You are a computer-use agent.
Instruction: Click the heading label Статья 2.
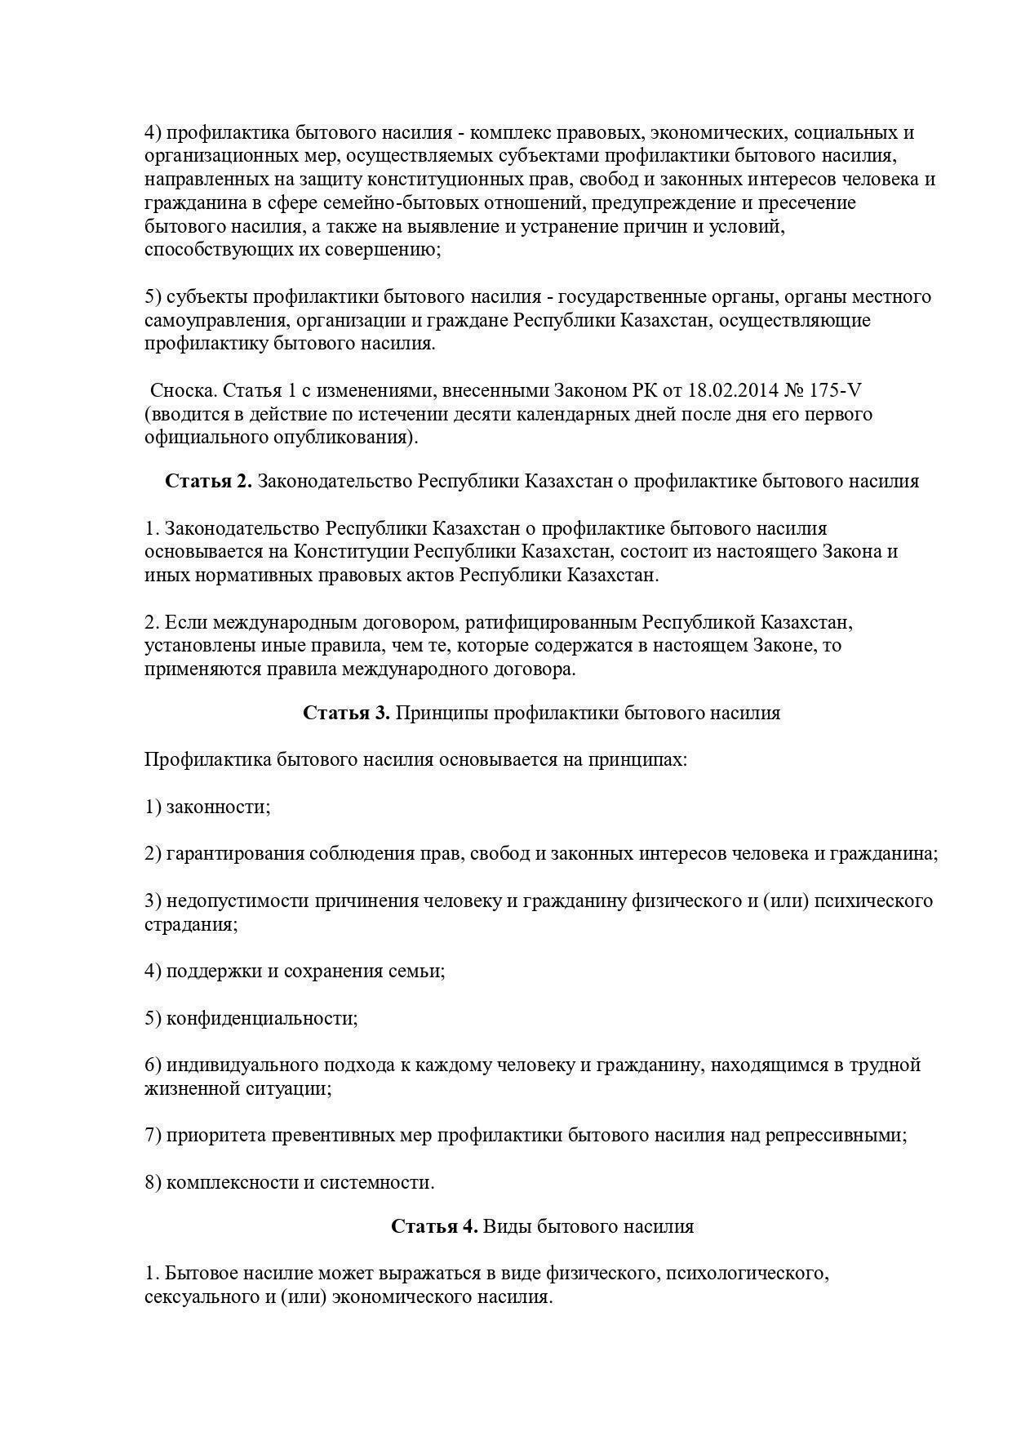point(209,481)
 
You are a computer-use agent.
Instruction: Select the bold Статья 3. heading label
point(347,713)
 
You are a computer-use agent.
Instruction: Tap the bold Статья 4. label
point(434,1226)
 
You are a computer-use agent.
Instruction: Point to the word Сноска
point(184,390)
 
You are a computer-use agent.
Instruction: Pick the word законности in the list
point(218,807)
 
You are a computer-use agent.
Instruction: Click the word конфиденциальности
point(262,1018)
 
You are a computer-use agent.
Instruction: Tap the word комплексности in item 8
point(232,1182)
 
